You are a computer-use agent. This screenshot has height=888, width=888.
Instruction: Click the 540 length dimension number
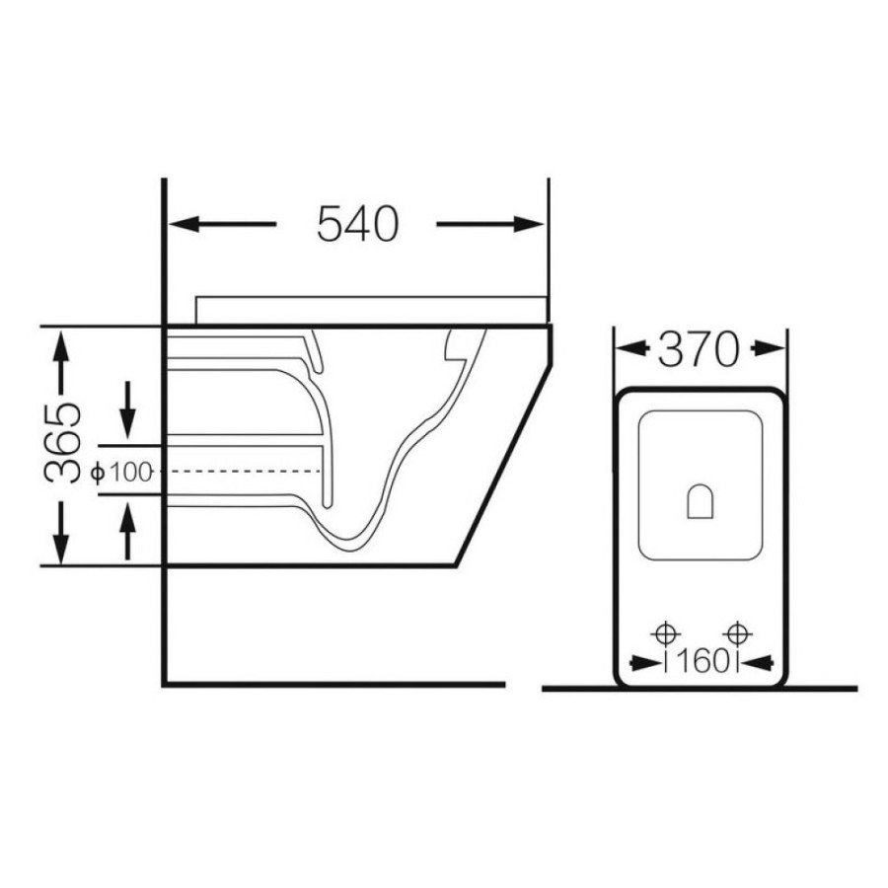(x=358, y=224)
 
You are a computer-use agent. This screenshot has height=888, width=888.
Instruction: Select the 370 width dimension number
(x=699, y=349)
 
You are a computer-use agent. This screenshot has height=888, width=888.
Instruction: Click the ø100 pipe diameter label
(x=122, y=472)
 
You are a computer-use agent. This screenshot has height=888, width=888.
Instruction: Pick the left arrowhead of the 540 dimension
(x=185, y=224)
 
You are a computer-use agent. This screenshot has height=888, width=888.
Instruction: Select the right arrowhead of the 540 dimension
(x=529, y=224)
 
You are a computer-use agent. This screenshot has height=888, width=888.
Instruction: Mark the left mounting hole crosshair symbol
(x=665, y=633)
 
